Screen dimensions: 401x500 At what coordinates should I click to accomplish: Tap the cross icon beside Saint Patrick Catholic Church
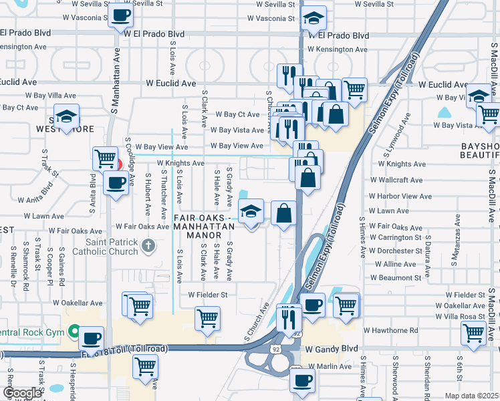click(x=149, y=247)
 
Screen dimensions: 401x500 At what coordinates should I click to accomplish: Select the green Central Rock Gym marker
click(x=74, y=331)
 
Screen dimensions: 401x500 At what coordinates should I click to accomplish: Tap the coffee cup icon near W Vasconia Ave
click(x=120, y=15)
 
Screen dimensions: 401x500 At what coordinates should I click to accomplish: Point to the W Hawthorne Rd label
click(x=391, y=330)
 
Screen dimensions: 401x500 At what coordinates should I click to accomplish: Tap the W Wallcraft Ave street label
click(x=396, y=180)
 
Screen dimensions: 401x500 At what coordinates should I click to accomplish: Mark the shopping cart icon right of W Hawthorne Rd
click(x=473, y=331)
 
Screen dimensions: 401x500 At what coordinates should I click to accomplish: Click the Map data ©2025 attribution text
click(x=471, y=396)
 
